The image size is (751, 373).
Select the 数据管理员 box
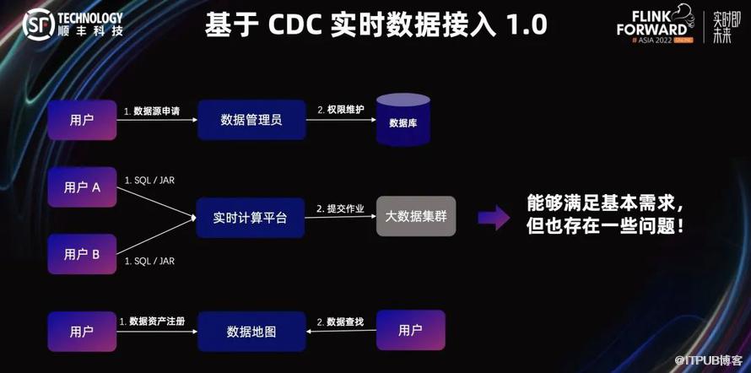[251, 120]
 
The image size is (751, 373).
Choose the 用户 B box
[82, 254]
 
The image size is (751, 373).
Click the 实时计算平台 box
[250, 218]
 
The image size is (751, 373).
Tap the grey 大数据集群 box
[415, 217]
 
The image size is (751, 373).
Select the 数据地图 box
[251, 331]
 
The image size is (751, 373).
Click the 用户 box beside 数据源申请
[82, 120]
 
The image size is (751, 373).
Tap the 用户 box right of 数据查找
[410, 330]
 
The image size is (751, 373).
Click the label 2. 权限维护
[340, 111]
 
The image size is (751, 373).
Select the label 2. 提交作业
[340, 208]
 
